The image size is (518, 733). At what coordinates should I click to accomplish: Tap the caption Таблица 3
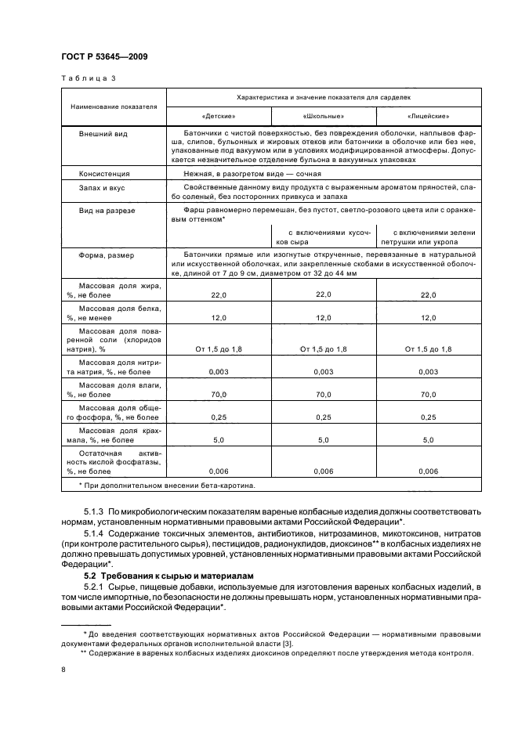[87, 79]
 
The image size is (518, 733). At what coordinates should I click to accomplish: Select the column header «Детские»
[218, 115]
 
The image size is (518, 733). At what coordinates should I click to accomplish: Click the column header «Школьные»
[323, 115]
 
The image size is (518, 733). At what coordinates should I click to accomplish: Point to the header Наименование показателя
[114, 107]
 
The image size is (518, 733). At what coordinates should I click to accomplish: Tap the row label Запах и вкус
[102, 188]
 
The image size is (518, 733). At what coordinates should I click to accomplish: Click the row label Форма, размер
[106, 255]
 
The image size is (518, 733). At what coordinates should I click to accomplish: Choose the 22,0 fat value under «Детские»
[218, 295]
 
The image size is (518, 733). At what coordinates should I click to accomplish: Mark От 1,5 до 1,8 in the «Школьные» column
[323, 348]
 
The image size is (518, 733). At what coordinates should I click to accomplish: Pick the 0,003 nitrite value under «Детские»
[218, 372]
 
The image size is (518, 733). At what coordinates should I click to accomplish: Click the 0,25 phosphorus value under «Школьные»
[323, 418]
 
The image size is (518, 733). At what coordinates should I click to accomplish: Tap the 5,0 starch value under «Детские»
[218, 441]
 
